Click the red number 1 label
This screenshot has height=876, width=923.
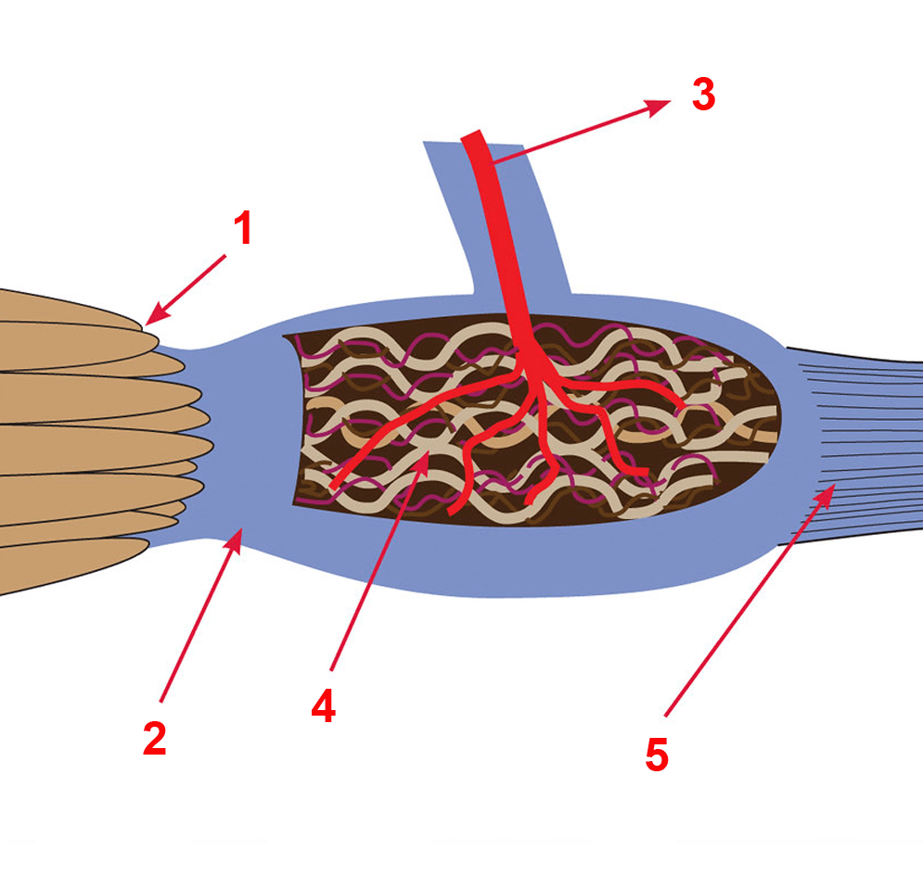(242, 229)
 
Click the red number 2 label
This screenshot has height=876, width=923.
(154, 738)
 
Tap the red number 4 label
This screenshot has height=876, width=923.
(323, 706)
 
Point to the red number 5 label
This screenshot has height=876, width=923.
(656, 755)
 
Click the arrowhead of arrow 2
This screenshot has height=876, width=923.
(239, 534)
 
